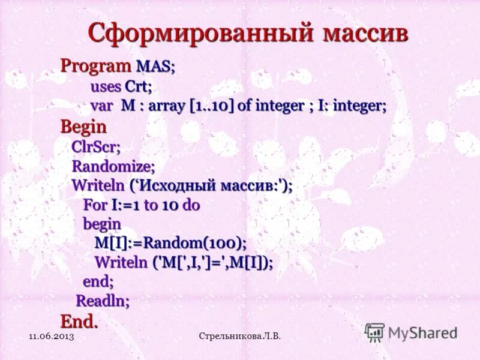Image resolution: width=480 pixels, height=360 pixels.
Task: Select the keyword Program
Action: tap(95, 66)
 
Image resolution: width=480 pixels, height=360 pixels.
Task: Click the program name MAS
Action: tap(155, 67)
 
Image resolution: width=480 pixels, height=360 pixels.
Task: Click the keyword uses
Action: tap(106, 86)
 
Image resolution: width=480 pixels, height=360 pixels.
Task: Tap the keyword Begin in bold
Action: tap(83, 127)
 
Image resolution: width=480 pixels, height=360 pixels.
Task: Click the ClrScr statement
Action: tap(96, 146)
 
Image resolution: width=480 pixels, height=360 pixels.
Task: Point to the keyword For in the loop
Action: tap(95, 205)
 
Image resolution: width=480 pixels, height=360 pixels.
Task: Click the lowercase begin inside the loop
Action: tap(102, 224)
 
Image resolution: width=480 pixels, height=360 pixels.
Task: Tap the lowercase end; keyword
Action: tap(98, 281)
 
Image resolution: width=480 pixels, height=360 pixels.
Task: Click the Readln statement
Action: tap(103, 301)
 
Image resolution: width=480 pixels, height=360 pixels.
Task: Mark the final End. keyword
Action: tap(79, 321)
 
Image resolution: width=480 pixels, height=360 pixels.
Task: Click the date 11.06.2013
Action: tap(51, 337)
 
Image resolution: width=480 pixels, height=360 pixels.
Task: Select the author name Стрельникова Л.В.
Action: tap(239, 337)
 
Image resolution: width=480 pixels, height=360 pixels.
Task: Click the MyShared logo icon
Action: tap(374, 332)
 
